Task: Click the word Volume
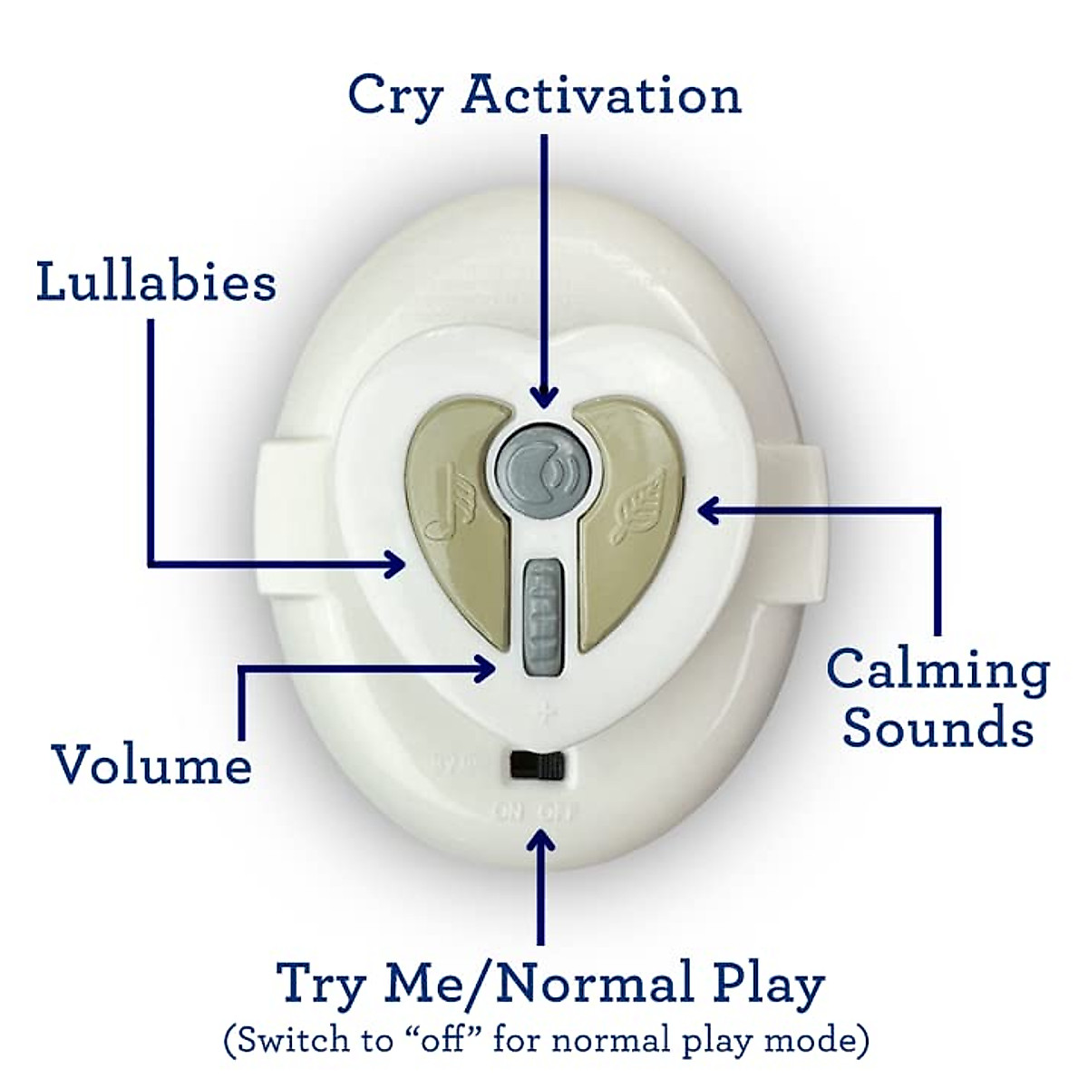(151, 764)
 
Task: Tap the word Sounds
(937, 727)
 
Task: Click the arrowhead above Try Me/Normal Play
(541, 841)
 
